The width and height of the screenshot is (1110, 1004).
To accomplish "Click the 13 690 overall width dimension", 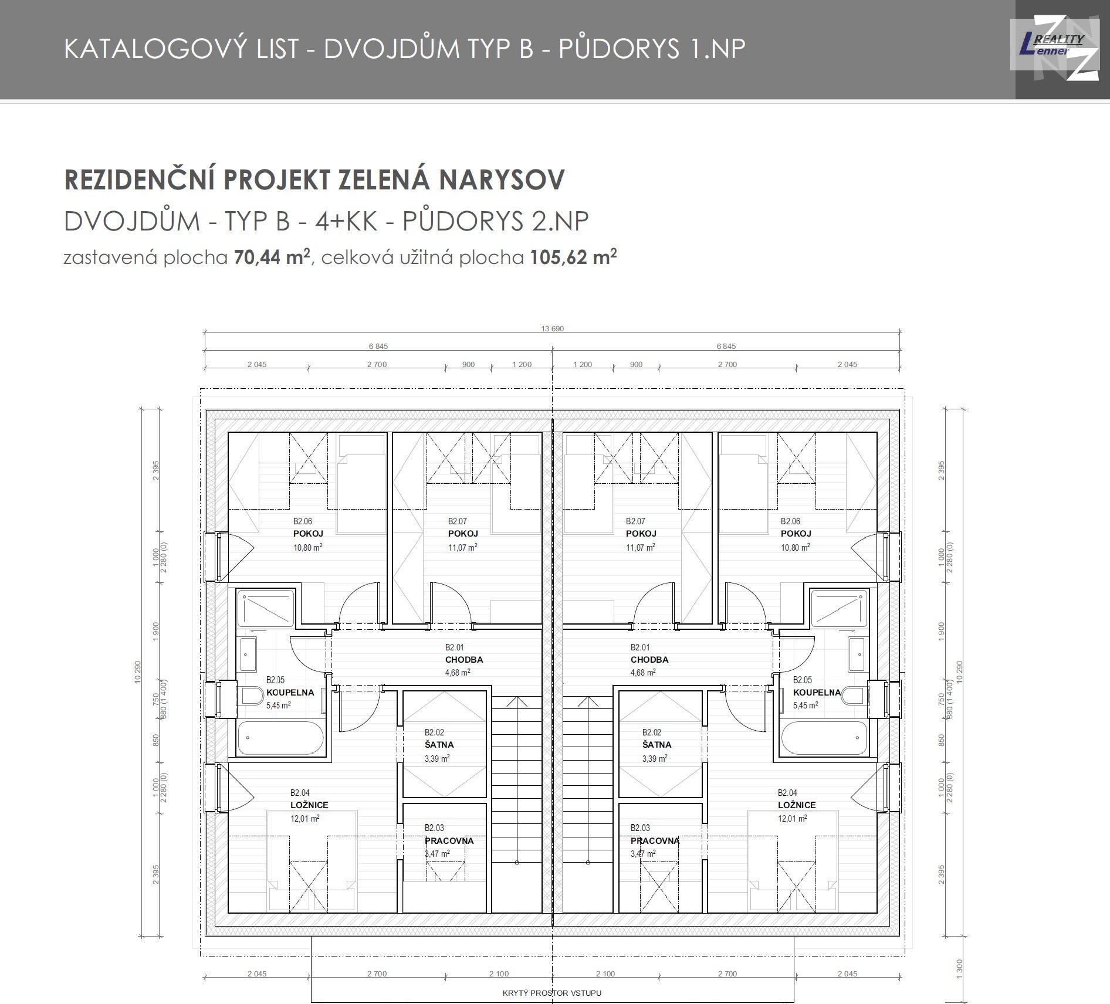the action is pos(552,328).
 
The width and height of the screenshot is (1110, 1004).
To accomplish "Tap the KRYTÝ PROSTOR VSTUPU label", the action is pos(552,993).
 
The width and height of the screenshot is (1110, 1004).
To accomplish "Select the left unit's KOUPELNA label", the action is pos(290,692).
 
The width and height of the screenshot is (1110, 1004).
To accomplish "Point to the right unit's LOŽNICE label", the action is pos(797,805).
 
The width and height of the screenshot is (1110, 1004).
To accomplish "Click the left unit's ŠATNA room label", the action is pos(439,745).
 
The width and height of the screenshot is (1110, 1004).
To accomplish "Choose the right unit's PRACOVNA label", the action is pos(655,840).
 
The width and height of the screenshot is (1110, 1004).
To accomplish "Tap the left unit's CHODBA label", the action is pos(464,659).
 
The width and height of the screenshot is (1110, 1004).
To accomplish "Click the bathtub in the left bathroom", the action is pos(280,738).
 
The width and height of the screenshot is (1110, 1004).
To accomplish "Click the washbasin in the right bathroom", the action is pos(857,653).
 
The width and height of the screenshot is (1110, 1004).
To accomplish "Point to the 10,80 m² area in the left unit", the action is pos(308,547).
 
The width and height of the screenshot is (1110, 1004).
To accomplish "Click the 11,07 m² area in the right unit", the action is pos(641,547).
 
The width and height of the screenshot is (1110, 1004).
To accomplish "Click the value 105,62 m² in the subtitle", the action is pos(574,257).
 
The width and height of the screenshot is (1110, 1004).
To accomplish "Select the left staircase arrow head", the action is pos(516,702).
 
